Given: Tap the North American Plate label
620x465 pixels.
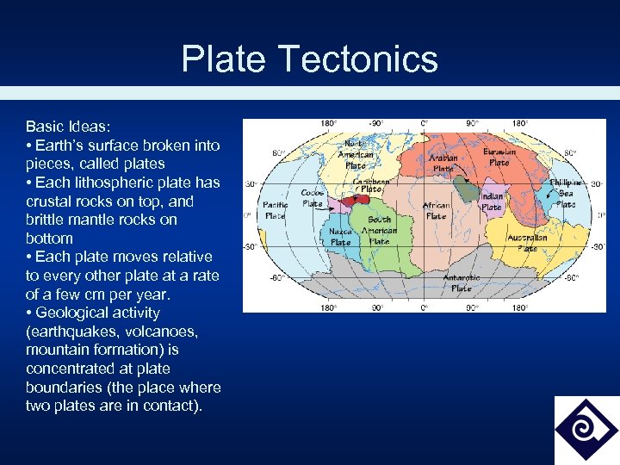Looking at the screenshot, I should pos(358,155).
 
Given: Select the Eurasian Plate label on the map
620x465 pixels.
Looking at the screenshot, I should pos(499,157).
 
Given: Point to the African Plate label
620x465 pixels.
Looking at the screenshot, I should pos(436,211).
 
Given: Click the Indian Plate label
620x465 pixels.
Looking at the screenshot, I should pos(491,201).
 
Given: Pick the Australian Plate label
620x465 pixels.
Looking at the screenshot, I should pos(527,242).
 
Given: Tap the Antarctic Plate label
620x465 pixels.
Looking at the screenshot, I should pos(462,282).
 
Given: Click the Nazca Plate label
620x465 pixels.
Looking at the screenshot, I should pos(341,237).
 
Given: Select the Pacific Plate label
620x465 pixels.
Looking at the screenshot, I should pos(276,210).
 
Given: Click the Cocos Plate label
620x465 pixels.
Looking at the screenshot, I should pos(313,198).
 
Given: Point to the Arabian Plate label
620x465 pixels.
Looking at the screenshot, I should pos(443,163).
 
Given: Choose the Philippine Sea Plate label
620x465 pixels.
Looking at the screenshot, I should pos(566,194).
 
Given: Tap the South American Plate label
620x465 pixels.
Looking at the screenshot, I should pos(379,230).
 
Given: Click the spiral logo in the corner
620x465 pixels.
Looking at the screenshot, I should pos(586,430).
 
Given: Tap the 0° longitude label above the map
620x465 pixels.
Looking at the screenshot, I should pos(424,124).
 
